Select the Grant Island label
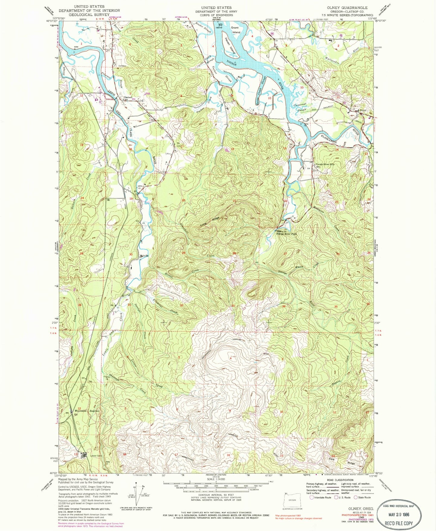point(236,30)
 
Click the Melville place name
point(144,256)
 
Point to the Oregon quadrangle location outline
point(292,500)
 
